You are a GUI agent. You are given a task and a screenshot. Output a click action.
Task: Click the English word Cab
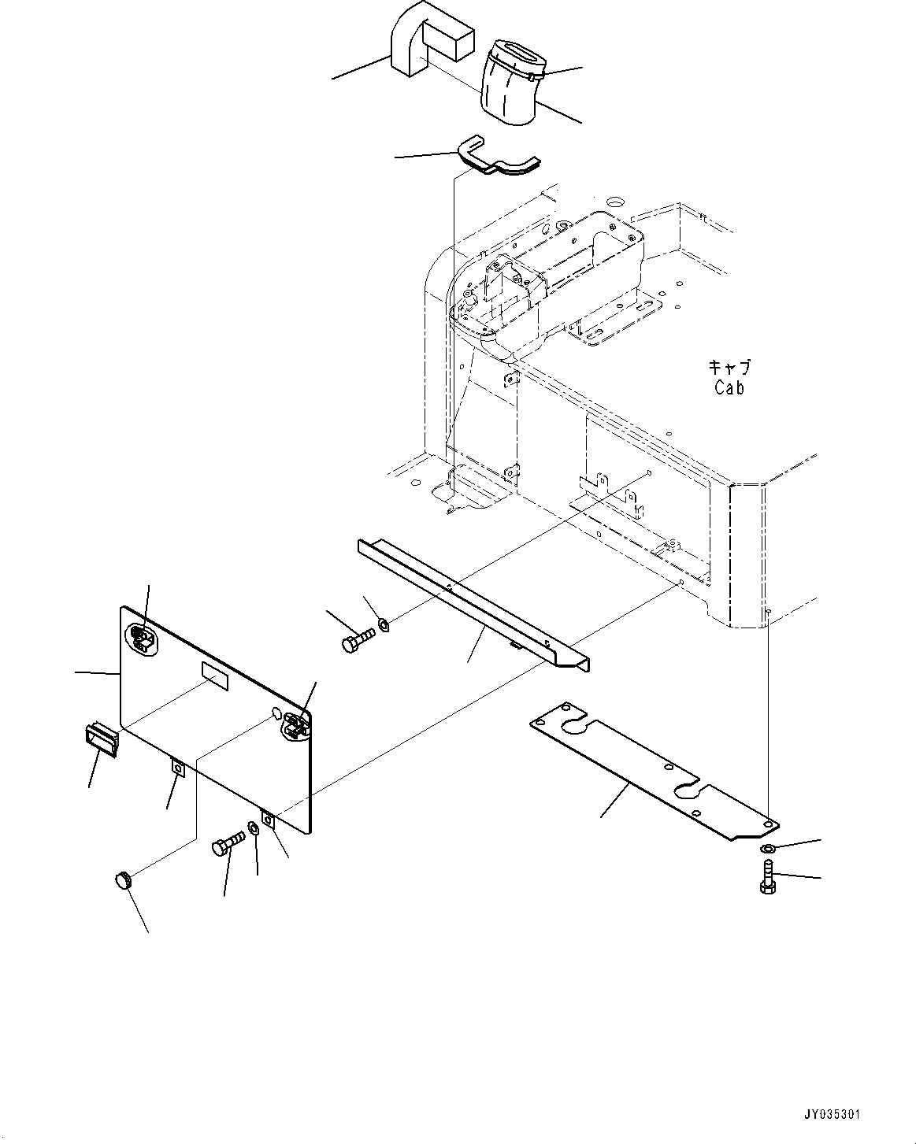click(729, 387)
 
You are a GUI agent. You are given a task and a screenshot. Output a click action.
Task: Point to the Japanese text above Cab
click(729, 367)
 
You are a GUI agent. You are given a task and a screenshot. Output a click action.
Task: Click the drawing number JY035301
click(832, 1115)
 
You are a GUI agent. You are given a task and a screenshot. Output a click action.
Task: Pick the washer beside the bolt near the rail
click(384, 625)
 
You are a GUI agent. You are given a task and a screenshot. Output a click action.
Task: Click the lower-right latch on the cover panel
click(295, 725)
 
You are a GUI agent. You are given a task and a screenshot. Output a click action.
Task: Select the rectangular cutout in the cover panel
click(215, 676)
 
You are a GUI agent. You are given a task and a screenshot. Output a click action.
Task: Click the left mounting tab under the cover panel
click(178, 768)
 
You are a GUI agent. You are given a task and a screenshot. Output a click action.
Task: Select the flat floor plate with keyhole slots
click(654, 768)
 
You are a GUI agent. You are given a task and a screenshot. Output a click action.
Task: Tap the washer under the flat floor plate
click(767, 848)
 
